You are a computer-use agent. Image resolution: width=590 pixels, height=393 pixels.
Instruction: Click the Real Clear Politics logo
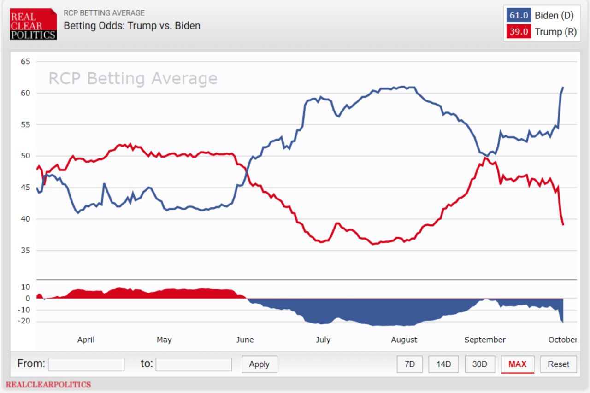tap(33, 24)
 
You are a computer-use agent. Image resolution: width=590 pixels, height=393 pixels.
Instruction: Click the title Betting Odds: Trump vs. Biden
tap(132, 26)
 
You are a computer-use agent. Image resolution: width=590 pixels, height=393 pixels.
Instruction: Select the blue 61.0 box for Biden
tap(519, 15)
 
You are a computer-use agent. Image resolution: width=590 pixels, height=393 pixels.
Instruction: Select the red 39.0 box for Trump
tap(519, 32)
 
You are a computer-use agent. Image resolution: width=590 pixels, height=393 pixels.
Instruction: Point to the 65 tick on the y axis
tap(25, 62)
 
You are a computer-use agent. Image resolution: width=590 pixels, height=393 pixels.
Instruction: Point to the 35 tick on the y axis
tap(25, 251)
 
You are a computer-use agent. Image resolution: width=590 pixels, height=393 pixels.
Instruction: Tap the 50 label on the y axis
tap(25, 156)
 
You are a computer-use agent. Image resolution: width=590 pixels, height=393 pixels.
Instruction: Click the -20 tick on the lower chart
tap(24, 321)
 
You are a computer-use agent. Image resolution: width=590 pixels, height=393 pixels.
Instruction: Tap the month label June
tap(245, 340)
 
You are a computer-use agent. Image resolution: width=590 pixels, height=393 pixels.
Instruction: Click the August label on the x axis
tap(404, 340)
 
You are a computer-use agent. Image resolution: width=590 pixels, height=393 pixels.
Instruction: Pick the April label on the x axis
tap(86, 340)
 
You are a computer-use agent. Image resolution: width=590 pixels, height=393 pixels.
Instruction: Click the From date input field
tap(86, 364)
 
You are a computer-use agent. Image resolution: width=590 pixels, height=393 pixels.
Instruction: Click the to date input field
tap(194, 364)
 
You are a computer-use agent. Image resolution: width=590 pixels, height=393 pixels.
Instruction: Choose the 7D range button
tap(410, 364)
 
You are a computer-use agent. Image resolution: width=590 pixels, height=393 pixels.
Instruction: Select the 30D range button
tap(480, 364)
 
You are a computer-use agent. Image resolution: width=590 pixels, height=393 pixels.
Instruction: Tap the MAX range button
tap(517, 364)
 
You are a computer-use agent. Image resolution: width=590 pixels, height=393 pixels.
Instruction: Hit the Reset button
tap(559, 364)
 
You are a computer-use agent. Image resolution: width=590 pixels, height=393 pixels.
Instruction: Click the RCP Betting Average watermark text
tap(133, 79)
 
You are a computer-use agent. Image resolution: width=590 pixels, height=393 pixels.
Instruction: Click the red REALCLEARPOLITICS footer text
tap(48, 384)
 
